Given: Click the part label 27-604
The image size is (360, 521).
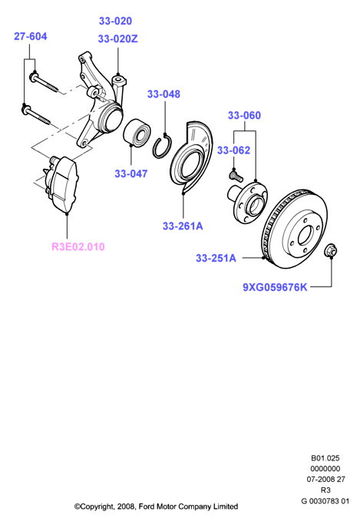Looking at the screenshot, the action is tap(30, 36).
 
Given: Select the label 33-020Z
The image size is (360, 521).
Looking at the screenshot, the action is tap(117, 39).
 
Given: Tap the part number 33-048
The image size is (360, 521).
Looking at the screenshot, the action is tap(163, 94).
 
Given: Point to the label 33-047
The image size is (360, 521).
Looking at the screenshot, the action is tap(131, 173).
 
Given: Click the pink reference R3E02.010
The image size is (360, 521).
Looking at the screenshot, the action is tap(78, 247).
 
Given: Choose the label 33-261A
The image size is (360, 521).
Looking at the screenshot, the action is tap(183, 226).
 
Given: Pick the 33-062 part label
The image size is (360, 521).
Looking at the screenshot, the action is tap(233, 150).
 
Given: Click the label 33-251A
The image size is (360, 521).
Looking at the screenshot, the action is tap(216, 258).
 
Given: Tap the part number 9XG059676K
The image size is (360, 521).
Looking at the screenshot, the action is tap(275, 287).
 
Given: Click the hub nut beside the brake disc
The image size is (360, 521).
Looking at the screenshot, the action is tap(331, 250).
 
